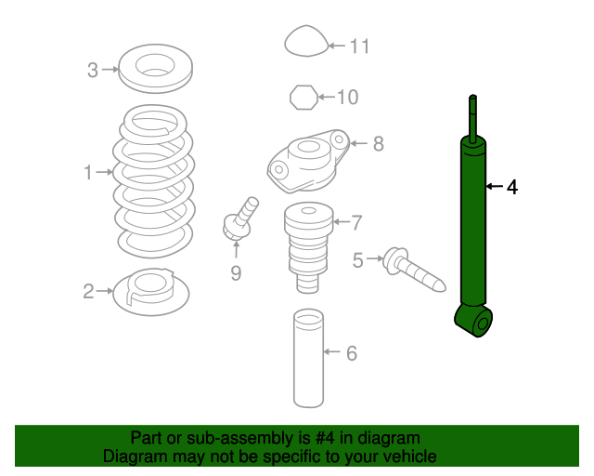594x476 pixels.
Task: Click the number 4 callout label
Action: point(512,187)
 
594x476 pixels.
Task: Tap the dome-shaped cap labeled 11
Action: point(306,41)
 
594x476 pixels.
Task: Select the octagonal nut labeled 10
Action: point(303,98)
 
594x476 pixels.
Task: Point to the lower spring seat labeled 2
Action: point(151,292)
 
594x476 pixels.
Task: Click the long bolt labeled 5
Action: point(414,270)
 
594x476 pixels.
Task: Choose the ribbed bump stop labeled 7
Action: point(308,247)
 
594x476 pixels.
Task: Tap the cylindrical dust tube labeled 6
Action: point(308,358)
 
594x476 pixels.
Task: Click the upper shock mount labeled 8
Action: point(307,162)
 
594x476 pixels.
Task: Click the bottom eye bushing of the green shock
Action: point(473,320)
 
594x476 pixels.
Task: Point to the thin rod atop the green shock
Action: point(472,119)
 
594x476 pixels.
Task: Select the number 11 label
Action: point(359,46)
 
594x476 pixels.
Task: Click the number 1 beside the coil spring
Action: point(88,172)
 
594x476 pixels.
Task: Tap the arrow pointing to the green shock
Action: point(495,186)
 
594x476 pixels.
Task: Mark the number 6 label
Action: point(352,353)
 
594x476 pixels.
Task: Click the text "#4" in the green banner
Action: point(325,438)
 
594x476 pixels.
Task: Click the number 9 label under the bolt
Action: point(236,273)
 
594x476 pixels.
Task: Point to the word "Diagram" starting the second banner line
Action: point(136,456)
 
